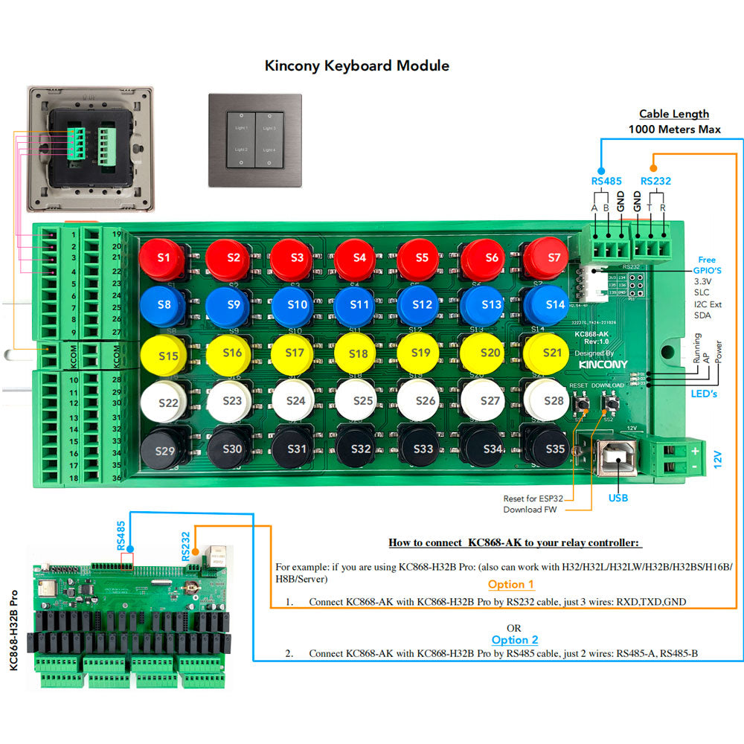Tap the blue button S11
coord(360,305)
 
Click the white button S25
coord(362,401)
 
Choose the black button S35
coord(551,449)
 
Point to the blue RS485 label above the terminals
coord(606,180)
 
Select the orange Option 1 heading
coord(511,585)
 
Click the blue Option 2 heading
coord(515,640)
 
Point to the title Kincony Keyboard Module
coord(357,65)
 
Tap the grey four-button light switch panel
coord(255,140)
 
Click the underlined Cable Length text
coord(674,114)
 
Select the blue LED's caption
coord(703,394)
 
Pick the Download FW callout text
coord(530,510)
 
